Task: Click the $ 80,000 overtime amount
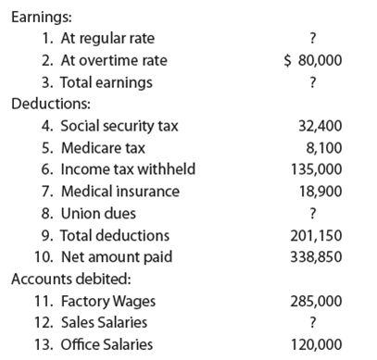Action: (312, 60)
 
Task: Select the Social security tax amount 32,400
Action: (320, 126)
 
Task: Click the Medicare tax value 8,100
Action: (323, 147)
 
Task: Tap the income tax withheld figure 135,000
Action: (316, 169)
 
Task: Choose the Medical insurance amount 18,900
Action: (320, 192)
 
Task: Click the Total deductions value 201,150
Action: (316, 235)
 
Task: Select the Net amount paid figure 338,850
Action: (316, 256)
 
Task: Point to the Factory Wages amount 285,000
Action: (316, 301)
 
